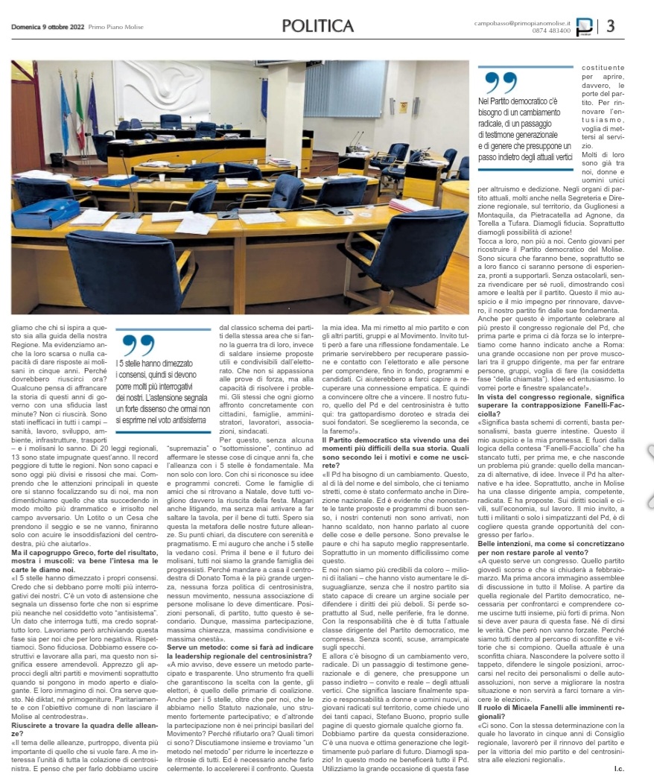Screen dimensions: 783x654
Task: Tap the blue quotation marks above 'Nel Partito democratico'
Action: pyautogui.click(x=501, y=83)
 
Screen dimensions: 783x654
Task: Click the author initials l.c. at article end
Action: pyautogui.click(x=618, y=767)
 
